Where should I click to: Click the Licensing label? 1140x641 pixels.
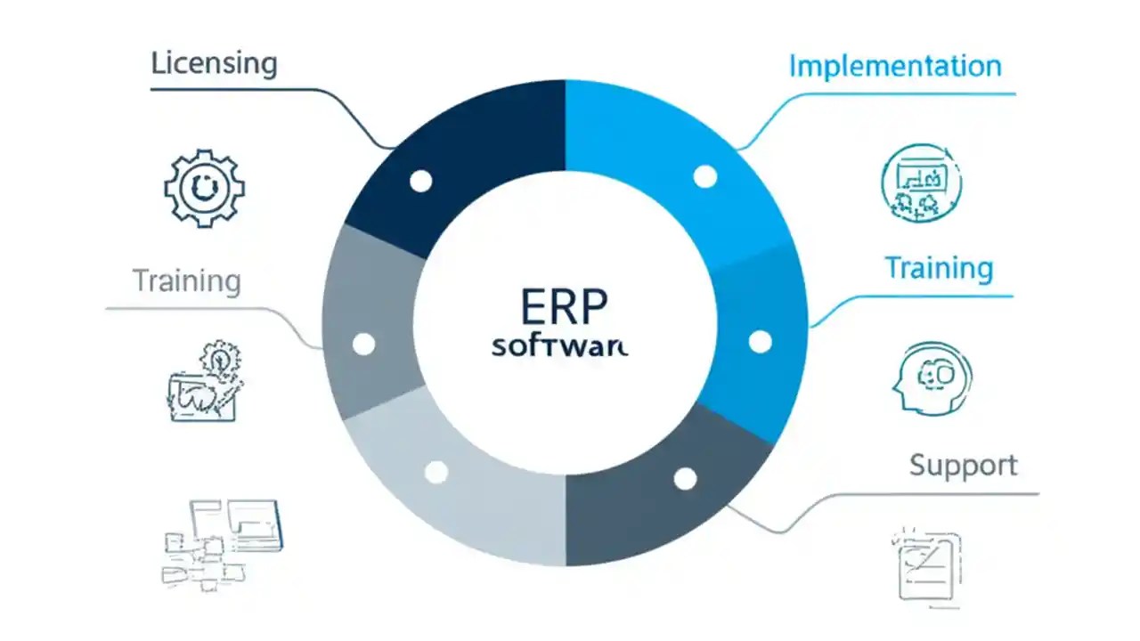214,64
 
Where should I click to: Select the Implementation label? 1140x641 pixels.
895,66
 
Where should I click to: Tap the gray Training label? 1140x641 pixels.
187,281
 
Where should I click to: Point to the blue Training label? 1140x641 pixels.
939,268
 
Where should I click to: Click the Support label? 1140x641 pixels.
963,465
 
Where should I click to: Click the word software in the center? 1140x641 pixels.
559,346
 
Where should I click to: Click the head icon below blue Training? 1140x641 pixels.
932,378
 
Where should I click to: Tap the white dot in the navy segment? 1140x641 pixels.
420,182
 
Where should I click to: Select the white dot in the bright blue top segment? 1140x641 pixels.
704,176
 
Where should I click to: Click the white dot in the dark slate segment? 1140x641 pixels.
685,479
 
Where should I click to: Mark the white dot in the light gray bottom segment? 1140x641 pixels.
436,472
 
